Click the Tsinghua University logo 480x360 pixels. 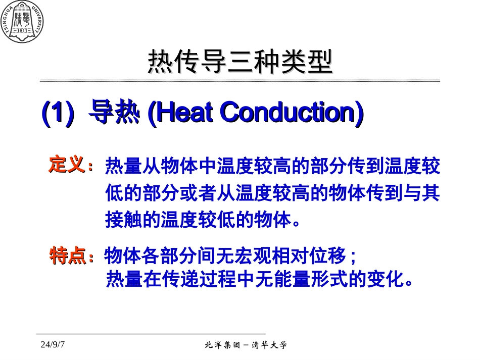pos(22,22)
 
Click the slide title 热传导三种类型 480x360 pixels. pos(240,63)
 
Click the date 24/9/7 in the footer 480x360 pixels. pos(54,345)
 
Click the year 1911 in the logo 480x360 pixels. pos(22,31)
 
